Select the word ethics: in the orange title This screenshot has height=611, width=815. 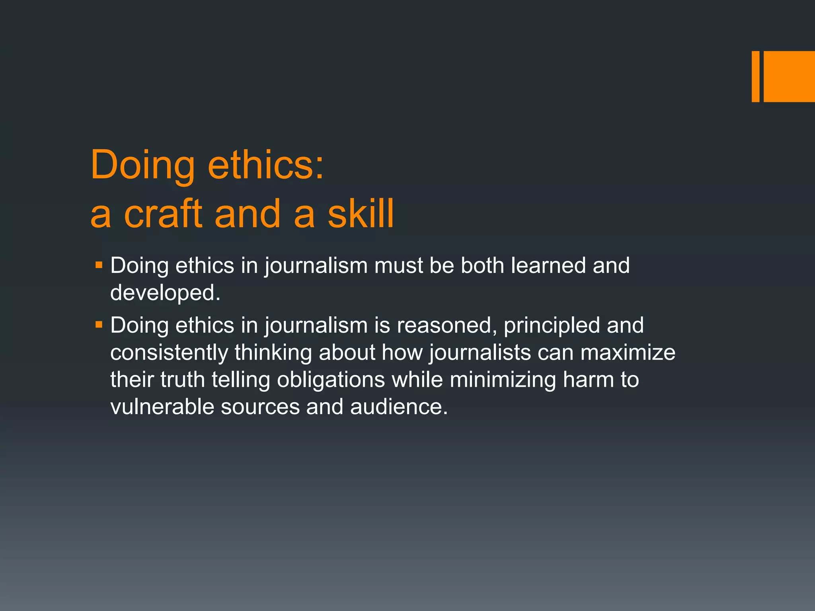coord(266,165)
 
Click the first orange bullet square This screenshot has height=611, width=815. coord(99,265)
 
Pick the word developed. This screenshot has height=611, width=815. coord(165,293)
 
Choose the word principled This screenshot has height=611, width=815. coord(552,325)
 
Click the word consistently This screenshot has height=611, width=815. coord(169,352)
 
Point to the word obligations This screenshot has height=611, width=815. coord(331,379)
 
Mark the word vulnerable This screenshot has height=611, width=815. coord(162,407)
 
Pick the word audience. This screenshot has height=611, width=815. coord(399,407)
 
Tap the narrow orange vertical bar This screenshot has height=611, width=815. coord(755,76)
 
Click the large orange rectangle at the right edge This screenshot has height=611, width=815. coord(789,76)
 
